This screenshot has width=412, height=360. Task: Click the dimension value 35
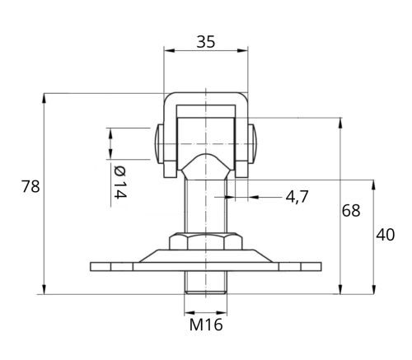tap(206, 42)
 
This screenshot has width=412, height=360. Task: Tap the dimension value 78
tap(30, 187)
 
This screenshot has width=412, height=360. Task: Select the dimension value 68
tap(351, 211)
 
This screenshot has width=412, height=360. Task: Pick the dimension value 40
tap(386, 235)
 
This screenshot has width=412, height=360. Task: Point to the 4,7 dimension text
tap(297, 197)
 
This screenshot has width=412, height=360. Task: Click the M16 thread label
tap(206, 325)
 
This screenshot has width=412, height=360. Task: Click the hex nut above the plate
tap(206, 241)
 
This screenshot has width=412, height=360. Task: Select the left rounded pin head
tap(159, 144)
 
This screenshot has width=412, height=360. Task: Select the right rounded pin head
tap(253, 143)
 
